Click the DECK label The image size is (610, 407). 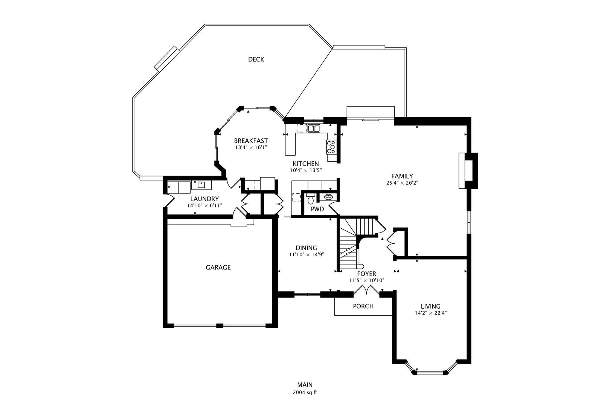pos(256,60)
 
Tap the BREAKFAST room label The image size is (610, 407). pos(251,141)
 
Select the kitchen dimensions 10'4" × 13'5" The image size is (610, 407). pos(306,170)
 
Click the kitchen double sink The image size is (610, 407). pos(313,128)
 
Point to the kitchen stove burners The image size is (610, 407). pos(331,147)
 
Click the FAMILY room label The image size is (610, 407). pos(402,176)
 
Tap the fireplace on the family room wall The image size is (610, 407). pos(468,171)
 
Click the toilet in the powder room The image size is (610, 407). pos(310,199)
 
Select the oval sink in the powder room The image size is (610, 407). pos(328,197)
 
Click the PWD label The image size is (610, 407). pos(317,209)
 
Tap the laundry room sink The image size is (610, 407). pos(201,185)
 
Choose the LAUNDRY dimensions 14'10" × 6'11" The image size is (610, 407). pos(204,205)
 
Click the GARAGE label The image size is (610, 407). pos(218,268)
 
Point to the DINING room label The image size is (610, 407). pos(307,248)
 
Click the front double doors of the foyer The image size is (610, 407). pos(366,290)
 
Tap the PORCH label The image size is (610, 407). pos(363,306)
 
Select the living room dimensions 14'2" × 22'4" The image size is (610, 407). pos(430,313)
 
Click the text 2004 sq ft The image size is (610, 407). pos(305,393)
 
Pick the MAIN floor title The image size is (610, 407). pos(305,385)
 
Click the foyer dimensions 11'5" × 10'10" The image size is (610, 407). pos(367,280)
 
